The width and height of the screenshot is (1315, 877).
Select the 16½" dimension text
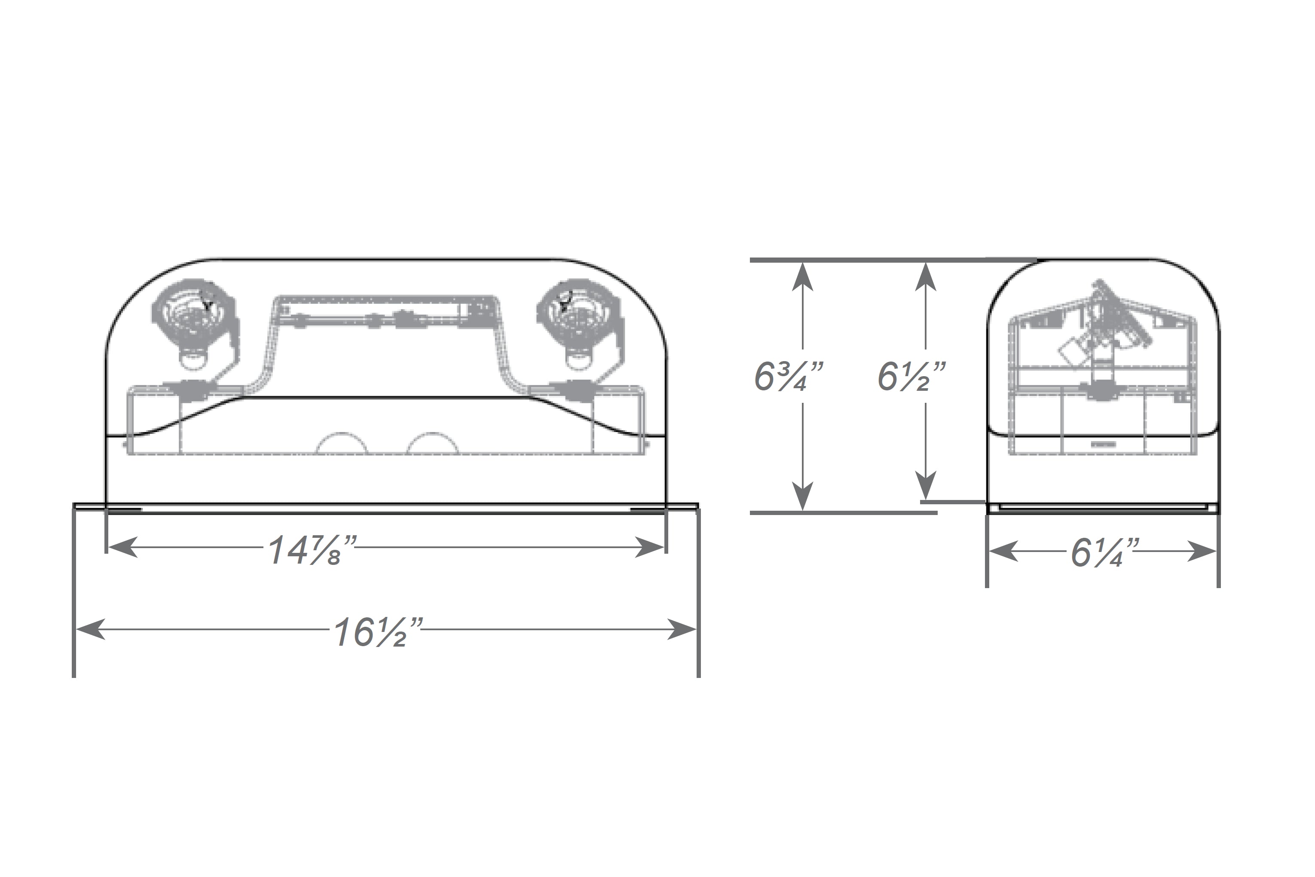pyautogui.click(x=378, y=633)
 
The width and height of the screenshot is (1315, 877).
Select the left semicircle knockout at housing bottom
pyautogui.click(x=342, y=444)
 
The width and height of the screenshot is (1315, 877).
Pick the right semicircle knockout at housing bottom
pyautogui.click(x=433, y=444)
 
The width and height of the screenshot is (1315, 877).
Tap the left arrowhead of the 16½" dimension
pyautogui.click(x=89, y=629)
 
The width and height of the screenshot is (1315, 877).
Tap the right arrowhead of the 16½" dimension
pyautogui.click(x=683, y=629)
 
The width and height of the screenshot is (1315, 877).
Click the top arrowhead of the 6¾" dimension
pyautogui.click(x=803, y=276)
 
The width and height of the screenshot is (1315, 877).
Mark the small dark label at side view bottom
pyautogui.click(x=1103, y=444)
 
